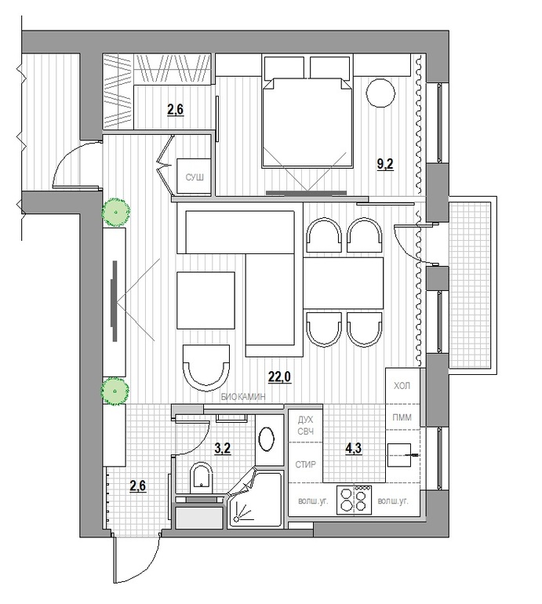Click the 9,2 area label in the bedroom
tap(385, 166)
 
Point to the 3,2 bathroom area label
tap(223, 449)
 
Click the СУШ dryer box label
tap(194, 179)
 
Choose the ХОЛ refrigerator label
tap(402, 386)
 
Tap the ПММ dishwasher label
tap(402, 417)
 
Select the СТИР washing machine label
tap(306, 464)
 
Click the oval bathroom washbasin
tap(267, 440)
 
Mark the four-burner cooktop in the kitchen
tap(354, 500)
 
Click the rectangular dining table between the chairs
tap(344, 282)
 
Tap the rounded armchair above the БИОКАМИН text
tap(206, 365)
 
